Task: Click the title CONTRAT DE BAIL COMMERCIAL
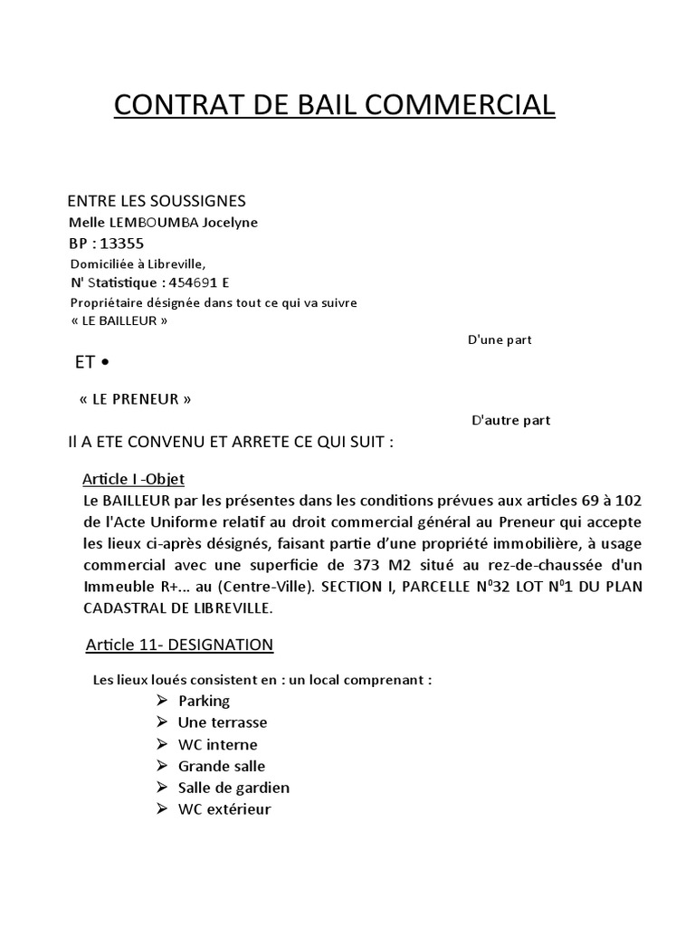click(x=334, y=105)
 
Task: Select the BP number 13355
click(x=123, y=244)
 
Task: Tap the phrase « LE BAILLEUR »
click(x=119, y=320)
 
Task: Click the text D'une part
click(x=499, y=340)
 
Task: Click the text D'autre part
click(x=511, y=420)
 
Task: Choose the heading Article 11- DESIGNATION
click(x=179, y=645)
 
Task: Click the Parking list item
click(x=204, y=701)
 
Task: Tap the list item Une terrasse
click(x=223, y=722)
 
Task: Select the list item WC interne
click(x=217, y=744)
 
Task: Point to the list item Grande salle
click(x=222, y=766)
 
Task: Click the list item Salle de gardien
click(x=233, y=788)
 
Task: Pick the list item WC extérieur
click(x=224, y=809)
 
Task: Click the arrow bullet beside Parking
click(x=162, y=700)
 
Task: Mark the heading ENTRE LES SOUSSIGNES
click(x=157, y=201)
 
